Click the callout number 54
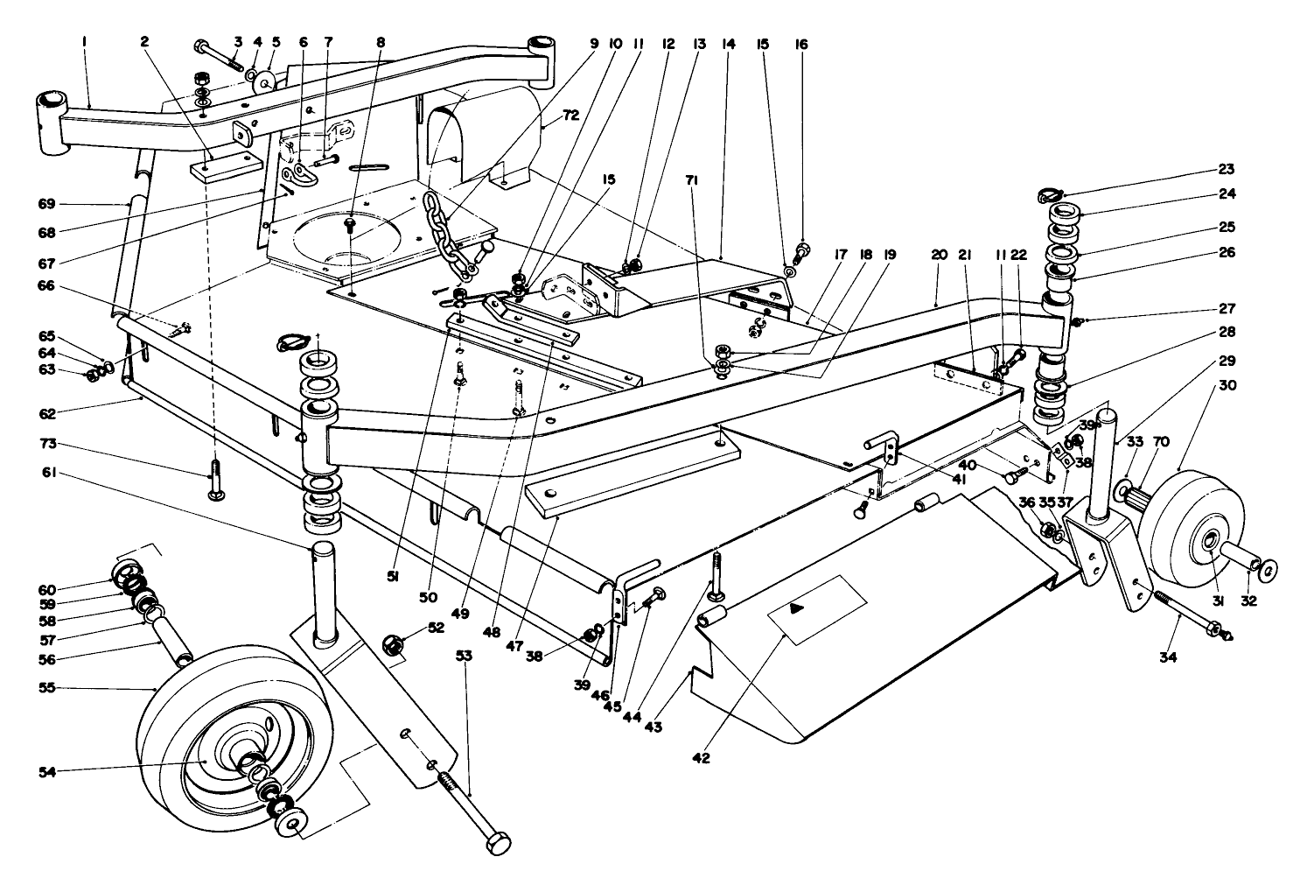tap(49, 771)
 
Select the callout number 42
tap(701, 758)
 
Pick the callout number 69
tap(46, 204)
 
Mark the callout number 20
tap(940, 255)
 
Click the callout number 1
tap(84, 41)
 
